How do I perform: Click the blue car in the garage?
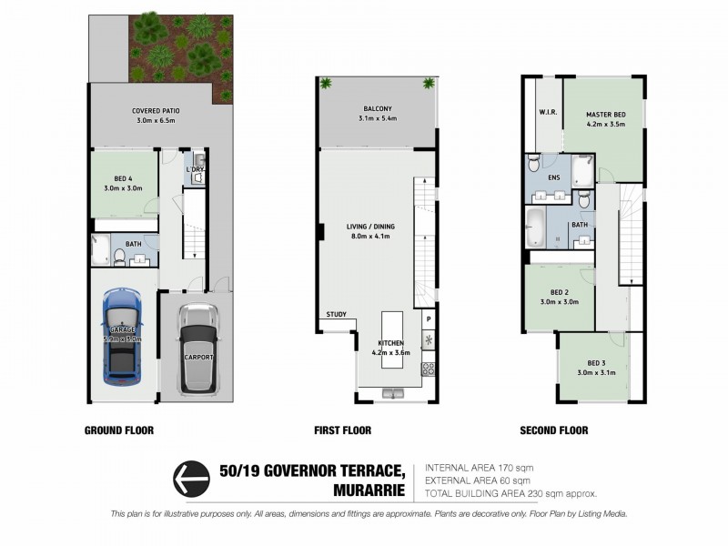pyautogui.click(x=122, y=334)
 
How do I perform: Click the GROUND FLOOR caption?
pyautogui.click(x=118, y=430)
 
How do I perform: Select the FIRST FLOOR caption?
pyautogui.click(x=343, y=430)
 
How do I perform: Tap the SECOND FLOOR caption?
pyautogui.click(x=553, y=430)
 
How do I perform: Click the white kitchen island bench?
pyautogui.click(x=391, y=339)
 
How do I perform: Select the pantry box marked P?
pyautogui.click(x=427, y=320)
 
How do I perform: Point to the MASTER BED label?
pyautogui.click(x=605, y=118)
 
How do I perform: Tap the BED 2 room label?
pyautogui.click(x=559, y=298)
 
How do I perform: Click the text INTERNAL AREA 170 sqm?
pyautogui.click(x=479, y=468)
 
